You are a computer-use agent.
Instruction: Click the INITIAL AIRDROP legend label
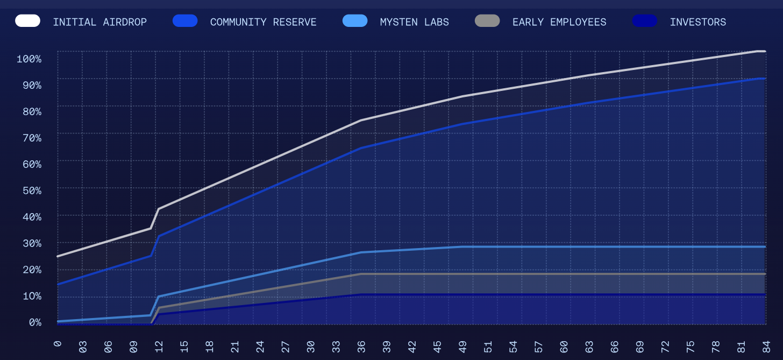click(x=99, y=22)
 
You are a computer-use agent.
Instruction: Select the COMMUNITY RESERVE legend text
click(x=263, y=22)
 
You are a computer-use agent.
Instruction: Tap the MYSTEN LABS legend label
click(x=414, y=22)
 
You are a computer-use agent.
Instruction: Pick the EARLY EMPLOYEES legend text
click(x=559, y=22)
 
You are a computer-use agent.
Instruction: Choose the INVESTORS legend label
click(x=697, y=22)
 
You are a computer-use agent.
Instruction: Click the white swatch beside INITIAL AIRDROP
click(x=27, y=21)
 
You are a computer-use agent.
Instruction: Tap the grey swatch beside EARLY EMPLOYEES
click(x=487, y=21)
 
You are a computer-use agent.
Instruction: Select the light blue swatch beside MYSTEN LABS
click(x=355, y=21)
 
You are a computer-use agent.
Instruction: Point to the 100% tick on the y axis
click(x=29, y=59)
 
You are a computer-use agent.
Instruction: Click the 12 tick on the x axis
click(x=160, y=346)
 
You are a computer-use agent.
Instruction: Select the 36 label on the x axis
click(x=361, y=346)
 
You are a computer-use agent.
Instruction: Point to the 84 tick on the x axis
click(x=765, y=346)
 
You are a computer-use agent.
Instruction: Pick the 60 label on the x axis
click(x=564, y=346)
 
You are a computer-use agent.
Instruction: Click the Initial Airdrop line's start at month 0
click(x=58, y=256)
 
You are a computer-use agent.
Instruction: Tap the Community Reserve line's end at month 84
click(x=764, y=79)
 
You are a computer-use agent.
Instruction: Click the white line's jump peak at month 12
click(x=159, y=209)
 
